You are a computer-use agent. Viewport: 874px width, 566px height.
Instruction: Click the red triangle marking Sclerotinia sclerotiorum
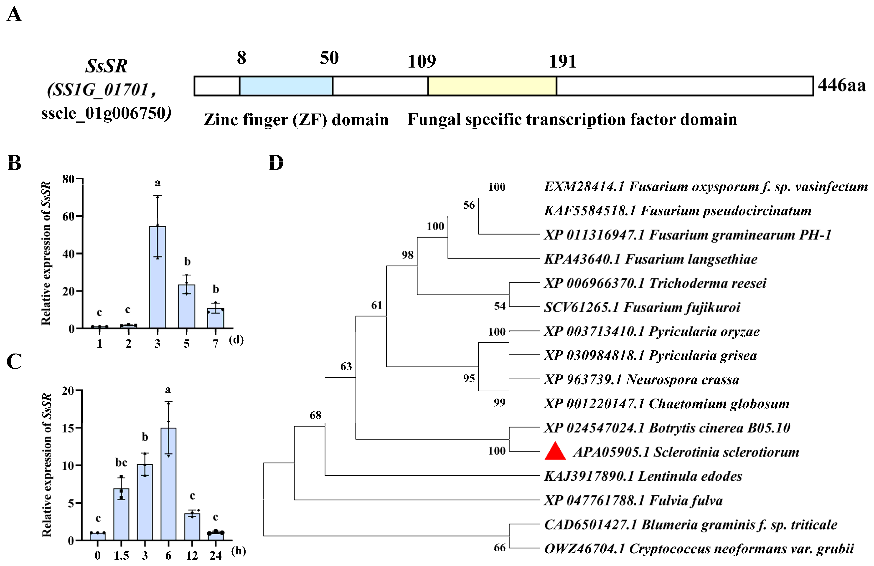(555, 452)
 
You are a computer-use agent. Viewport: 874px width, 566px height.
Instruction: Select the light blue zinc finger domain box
(286, 86)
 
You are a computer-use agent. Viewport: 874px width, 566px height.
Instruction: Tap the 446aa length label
(841, 85)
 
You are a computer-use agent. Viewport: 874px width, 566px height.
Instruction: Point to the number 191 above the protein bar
(562, 61)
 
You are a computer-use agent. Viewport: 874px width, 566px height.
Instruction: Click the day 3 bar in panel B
(158, 277)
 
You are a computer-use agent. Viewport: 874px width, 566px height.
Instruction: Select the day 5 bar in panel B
(187, 306)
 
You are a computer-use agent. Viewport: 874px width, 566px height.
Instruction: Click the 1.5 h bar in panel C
(121, 514)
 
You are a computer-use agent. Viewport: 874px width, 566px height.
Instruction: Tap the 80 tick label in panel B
(68, 179)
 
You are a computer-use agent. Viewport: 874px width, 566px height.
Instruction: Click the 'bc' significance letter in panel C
(121, 462)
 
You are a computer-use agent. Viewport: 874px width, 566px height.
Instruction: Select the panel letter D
(276, 163)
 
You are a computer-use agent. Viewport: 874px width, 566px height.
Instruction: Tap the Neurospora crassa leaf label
(642, 379)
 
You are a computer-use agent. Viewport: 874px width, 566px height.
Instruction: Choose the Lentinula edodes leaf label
(643, 476)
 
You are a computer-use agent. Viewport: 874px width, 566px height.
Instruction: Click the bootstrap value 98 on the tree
(407, 255)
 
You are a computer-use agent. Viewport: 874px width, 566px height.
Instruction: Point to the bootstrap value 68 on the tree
(315, 415)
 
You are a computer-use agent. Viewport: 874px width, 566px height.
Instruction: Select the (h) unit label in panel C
(238, 551)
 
